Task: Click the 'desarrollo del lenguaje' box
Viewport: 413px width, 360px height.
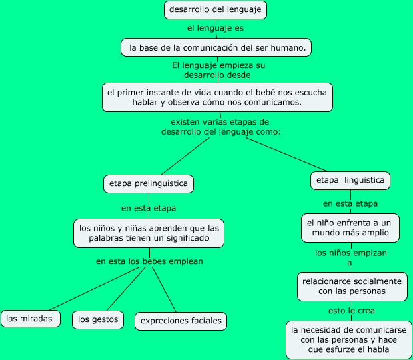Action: [215, 10]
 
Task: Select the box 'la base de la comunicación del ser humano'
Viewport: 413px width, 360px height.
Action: [217, 47]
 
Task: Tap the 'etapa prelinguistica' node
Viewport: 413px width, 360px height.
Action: [149, 183]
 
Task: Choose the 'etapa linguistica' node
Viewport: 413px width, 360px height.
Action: [350, 180]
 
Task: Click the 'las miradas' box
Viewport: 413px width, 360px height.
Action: [29, 319]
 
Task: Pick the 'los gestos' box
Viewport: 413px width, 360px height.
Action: [97, 319]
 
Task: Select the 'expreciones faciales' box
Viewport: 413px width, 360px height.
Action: [181, 321]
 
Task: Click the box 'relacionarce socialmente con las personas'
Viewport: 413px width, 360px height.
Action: [352, 287]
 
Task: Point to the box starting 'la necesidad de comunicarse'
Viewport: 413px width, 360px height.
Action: [348, 339]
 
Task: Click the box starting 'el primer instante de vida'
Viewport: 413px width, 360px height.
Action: [218, 97]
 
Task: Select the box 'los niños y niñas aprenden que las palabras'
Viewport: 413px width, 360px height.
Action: [148, 233]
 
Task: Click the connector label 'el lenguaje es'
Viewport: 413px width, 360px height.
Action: [215, 29]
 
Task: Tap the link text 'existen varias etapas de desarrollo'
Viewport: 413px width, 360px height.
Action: [220, 127]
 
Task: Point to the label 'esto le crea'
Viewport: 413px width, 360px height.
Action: [352, 311]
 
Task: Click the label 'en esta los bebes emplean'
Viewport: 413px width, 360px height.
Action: [149, 261]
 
